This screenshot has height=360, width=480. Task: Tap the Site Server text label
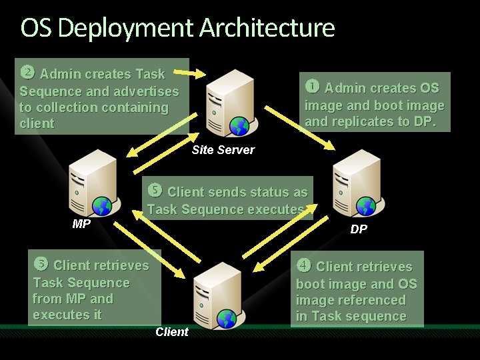pos(223,150)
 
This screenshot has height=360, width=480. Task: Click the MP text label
pos(81,224)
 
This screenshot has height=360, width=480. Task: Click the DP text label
pos(359,229)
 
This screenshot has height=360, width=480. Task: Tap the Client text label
pos(172,332)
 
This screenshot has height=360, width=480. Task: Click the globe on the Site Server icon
pos(238,126)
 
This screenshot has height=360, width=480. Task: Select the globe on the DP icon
pos(365,206)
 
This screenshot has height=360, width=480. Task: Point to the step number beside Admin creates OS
pos(312,87)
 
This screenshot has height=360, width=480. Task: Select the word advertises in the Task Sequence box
pos(146,91)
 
